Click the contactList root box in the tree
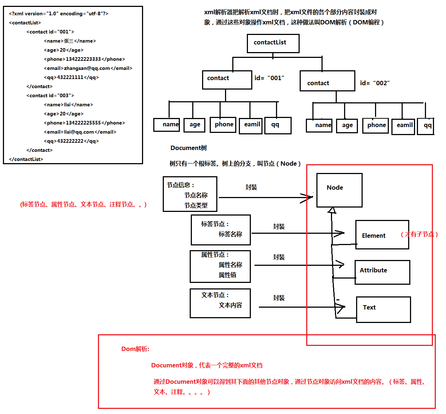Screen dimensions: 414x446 click(273, 43)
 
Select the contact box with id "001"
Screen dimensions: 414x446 click(227, 79)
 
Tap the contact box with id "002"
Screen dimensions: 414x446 click(327, 81)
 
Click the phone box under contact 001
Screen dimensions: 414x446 click(223, 125)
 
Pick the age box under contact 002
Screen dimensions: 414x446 click(347, 126)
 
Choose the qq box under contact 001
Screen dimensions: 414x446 click(278, 125)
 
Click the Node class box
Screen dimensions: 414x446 click(339, 190)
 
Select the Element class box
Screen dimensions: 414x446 click(382, 235)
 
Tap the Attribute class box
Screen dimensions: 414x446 click(382, 272)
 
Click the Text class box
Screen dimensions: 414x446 click(383, 309)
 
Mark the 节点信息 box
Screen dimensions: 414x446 click(190, 194)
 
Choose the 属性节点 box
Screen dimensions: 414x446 click(220, 266)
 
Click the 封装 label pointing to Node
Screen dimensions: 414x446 click(251, 187)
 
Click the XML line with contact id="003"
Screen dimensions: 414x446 click(50, 96)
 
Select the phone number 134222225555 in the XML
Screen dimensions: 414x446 click(83, 123)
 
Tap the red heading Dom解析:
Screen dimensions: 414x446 click(135, 349)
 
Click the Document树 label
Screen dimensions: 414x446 click(189, 148)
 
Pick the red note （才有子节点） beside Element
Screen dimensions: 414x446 click(419, 234)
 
